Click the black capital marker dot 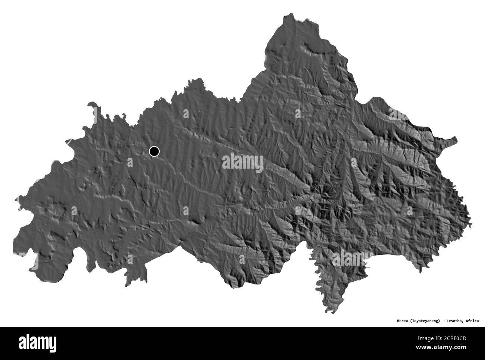coord(154,151)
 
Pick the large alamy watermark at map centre coord(242,163)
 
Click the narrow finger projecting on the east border coord(454,140)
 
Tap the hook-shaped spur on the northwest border coord(92,106)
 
